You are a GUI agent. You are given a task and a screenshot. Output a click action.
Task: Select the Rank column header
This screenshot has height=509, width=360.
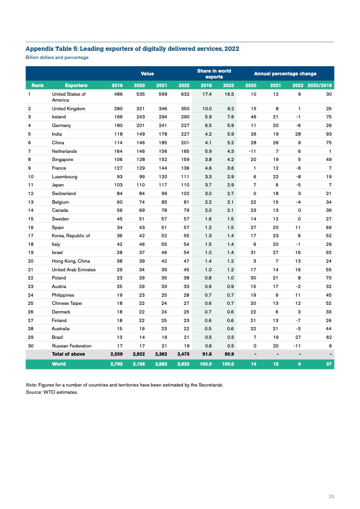point(37,85)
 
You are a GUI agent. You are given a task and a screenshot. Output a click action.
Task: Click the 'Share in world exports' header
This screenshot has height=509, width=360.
point(214,73)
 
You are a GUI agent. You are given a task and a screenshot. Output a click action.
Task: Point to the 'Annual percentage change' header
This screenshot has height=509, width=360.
point(285,73)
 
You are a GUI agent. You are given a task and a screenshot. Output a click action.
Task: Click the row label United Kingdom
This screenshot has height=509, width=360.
point(69,109)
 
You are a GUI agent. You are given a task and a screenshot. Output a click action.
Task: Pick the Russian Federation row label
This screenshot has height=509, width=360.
point(72,346)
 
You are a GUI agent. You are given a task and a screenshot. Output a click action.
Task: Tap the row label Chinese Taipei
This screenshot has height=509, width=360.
point(67,303)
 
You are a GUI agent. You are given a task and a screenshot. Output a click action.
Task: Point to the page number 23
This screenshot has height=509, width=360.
point(331,497)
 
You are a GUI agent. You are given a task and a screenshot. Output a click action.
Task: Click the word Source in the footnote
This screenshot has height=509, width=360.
point(34,392)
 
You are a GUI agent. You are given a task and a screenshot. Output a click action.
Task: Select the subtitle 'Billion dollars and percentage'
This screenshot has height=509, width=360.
point(57,58)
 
